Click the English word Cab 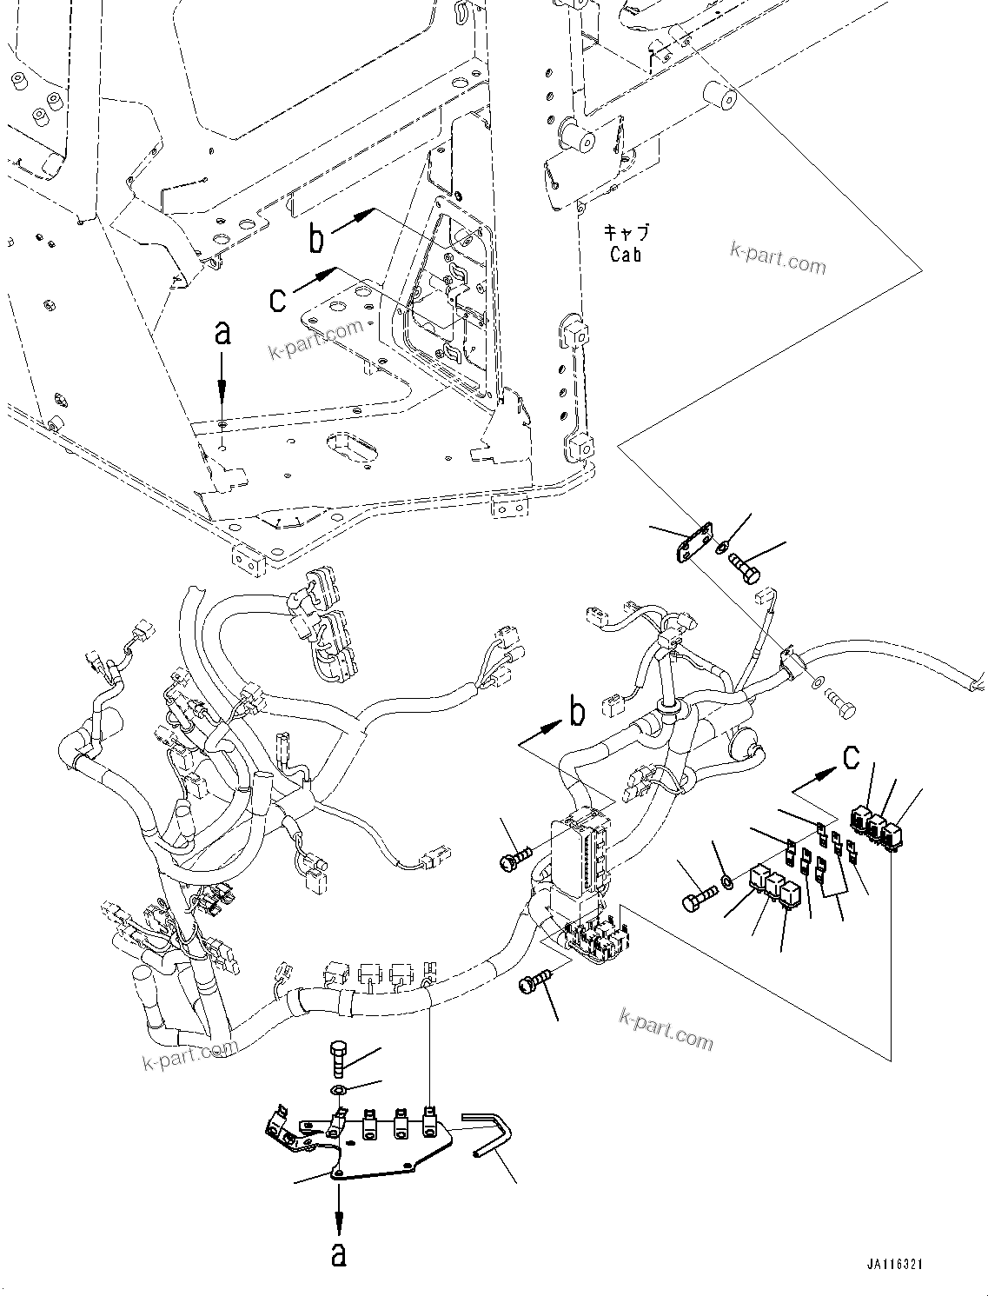625,255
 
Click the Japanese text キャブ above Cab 626,232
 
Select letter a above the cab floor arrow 222,332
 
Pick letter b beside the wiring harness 576,713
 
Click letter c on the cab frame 278,299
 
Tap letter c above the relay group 852,757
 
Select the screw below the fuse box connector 532,980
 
